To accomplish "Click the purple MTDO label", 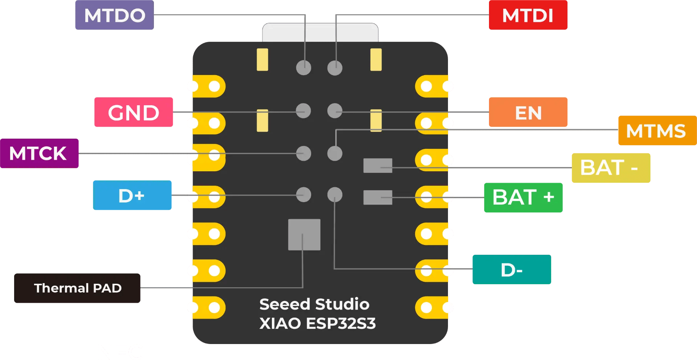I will coord(114,15).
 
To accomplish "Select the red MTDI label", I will coord(528,15).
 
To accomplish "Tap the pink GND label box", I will coord(134,112).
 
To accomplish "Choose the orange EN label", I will coord(528,112).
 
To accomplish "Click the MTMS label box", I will coord(657,131).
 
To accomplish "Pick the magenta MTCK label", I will coord(39,153).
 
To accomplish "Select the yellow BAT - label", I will coord(611,168).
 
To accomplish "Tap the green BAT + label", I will coord(523,197).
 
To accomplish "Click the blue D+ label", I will coord(132,195).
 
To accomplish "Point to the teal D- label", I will coord(511,270).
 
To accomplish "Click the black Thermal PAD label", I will coord(77,288).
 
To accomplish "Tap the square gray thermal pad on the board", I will coord(304,234).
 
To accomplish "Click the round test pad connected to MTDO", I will coord(303,67).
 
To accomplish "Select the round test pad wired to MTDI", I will coord(335,67).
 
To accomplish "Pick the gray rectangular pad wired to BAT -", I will coord(378,165).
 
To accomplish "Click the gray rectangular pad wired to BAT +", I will coord(378,197).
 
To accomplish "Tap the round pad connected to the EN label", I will coord(335,111).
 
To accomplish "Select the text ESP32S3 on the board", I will coord(341,323).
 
